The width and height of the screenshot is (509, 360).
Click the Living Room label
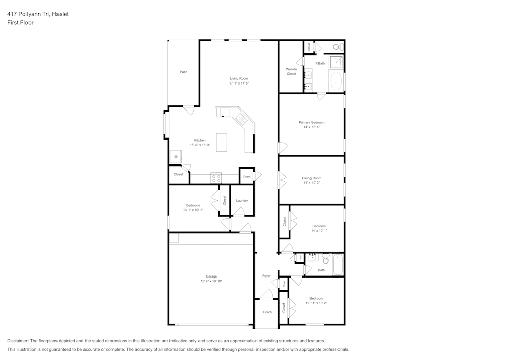tap(239, 78)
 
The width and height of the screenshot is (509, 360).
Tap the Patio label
tap(183, 72)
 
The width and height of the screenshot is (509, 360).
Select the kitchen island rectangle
tap(221, 142)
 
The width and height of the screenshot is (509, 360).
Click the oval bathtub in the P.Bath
tap(336, 81)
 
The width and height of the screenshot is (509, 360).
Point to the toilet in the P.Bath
tap(336, 47)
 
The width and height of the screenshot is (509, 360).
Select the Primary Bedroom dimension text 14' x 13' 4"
tap(311, 127)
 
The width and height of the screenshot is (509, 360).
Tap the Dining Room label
tap(311, 178)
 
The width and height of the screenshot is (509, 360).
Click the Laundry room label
tap(242, 200)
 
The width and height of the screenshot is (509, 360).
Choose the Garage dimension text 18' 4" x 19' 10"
tap(211, 281)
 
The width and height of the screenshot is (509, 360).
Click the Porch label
tap(267, 312)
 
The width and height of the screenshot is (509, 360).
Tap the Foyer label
tap(266, 276)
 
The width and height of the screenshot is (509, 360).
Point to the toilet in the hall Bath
tap(326, 260)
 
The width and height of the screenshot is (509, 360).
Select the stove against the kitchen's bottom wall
tap(216, 178)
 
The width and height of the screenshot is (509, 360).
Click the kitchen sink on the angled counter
tap(241, 120)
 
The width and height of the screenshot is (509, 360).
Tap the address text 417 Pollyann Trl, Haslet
tap(38, 14)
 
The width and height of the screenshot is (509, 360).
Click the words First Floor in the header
tap(20, 23)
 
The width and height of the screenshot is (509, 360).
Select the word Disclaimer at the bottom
tap(18, 341)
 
